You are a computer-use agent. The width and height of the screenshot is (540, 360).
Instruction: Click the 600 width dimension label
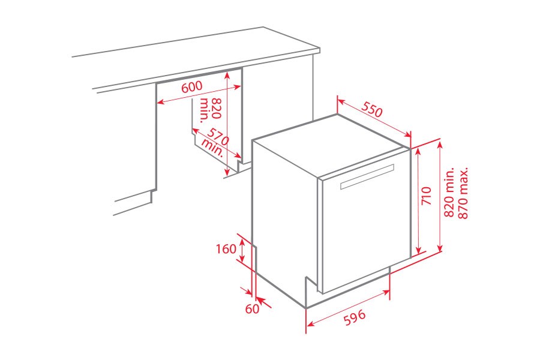point(191,86)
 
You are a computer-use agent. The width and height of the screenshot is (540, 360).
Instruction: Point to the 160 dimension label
point(226,249)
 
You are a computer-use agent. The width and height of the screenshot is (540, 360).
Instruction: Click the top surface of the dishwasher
point(330,135)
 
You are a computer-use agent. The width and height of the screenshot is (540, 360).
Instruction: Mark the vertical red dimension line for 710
point(418,201)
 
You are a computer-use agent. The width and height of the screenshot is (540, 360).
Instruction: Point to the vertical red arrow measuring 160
point(242,250)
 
